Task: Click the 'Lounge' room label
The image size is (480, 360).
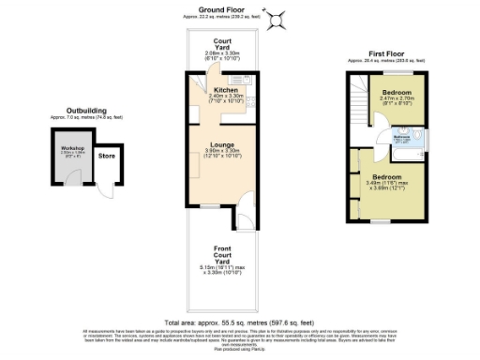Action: [x=223, y=144]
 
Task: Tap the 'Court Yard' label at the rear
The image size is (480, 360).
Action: [x=223, y=44]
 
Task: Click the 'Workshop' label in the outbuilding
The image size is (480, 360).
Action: [x=74, y=149]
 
